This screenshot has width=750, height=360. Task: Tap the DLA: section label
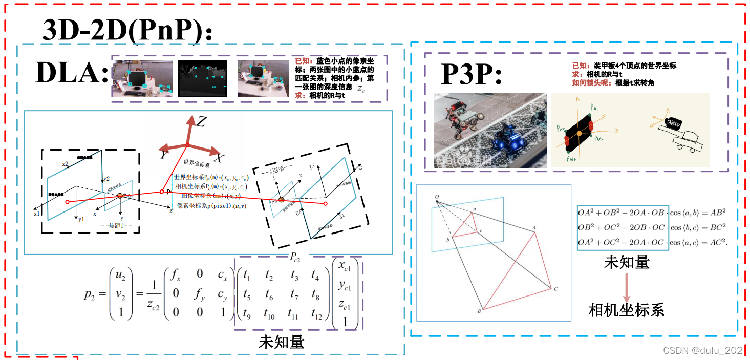[x=72, y=73]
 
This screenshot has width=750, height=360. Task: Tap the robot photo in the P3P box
[x=490, y=130]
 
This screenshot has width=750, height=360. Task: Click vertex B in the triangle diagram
[x=480, y=311]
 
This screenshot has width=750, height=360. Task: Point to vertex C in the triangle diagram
[x=555, y=289]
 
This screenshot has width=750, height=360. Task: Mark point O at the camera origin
[x=436, y=197]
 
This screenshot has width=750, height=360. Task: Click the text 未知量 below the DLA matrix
[x=282, y=341]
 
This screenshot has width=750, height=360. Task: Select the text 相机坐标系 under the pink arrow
[x=626, y=309]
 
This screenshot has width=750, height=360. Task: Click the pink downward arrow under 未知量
[x=626, y=286]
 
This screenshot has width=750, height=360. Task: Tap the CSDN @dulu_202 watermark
[x=702, y=350]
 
